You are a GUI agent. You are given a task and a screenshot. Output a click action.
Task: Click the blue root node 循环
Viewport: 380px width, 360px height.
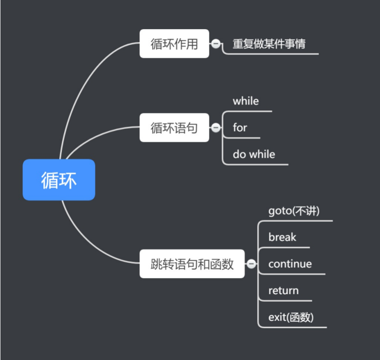[x=59, y=180]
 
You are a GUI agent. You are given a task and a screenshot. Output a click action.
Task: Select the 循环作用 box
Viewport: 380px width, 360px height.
[x=174, y=44]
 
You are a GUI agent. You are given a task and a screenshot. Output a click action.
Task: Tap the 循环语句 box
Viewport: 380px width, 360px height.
[x=174, y=128]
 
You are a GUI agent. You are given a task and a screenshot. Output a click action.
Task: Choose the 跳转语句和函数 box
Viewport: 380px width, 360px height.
[x=192, y=264]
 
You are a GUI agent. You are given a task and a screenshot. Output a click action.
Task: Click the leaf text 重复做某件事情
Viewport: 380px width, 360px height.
[x=269, y=44]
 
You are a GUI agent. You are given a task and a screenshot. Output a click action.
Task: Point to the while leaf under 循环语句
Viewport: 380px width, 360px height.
[x=246, y=101]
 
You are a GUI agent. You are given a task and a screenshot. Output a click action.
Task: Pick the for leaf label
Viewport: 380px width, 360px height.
[x=240, y=128]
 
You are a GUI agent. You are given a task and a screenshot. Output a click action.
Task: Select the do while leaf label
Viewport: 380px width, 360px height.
[x=254, y=155]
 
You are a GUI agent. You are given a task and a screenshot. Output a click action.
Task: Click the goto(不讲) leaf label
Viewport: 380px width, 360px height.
[x=294, y=211]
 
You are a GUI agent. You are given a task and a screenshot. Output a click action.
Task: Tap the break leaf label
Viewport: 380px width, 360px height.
[x=282, y=238]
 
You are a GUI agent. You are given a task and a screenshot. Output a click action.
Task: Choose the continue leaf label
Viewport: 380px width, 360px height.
[x=290, y=264]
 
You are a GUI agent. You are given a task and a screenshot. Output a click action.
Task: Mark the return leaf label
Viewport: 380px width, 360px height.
[x=283, y=291]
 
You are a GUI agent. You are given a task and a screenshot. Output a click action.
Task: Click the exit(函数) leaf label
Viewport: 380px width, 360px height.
[x=291, y=317]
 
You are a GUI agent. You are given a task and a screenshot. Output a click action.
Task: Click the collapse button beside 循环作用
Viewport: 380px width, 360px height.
[x=216, y=44]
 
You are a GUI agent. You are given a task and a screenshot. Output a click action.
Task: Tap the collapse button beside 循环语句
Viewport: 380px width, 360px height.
[x=216, y=128]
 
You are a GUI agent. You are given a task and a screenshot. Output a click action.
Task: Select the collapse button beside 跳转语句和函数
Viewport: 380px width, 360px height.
[x=251, y=264]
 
